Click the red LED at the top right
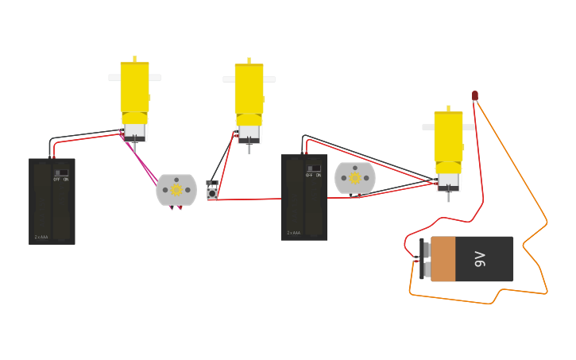475,95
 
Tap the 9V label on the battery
480,258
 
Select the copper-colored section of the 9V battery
443,259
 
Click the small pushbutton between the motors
212,191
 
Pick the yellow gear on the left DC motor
176,190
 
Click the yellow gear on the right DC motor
355,178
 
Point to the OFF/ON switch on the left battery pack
61,174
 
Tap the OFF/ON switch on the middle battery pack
314,170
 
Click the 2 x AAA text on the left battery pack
41,237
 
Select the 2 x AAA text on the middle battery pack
294,233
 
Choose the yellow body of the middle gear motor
249,87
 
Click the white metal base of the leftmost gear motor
134,130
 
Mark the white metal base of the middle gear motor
249,133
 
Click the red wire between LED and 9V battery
479,159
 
